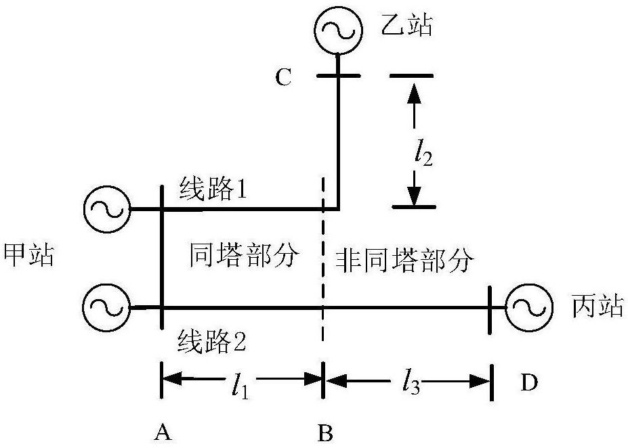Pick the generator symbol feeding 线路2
click(106, 308)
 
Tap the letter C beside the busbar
click(283, 78)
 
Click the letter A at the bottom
click(161, 431)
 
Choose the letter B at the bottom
click(325, 431)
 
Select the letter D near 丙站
click(529, 383)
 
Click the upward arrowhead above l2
click(414, 94)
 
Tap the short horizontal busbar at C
click(339, 76)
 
